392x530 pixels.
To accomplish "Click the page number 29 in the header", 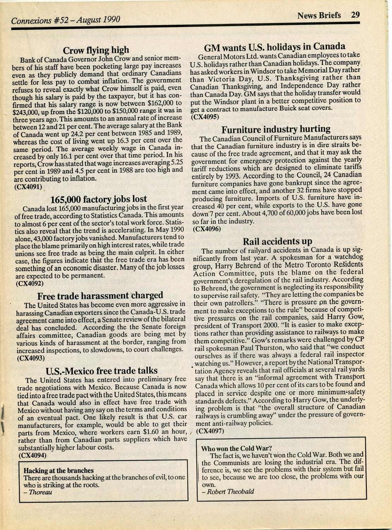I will pyautogui.click(x=355, y=15).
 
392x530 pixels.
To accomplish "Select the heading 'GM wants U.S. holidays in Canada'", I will pyautogui.click(x=275, y=47).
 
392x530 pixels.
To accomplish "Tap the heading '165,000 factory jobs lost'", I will pyautogui.click(x=99, y=199).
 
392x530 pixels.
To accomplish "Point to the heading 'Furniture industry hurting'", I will pyautogui.click(x=276, y=129).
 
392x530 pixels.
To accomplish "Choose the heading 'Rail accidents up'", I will pyautogui.click(x=278, y=241).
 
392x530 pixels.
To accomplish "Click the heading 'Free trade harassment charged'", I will pyautogui.click(x=100, y=295).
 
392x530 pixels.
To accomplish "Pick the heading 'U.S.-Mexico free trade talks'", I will pyautogui.click(x=102, y=371).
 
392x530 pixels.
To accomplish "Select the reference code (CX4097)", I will pyautogui.click(x=210, y=430).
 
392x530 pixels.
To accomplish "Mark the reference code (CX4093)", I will pyautogui.click(x=31, y=358).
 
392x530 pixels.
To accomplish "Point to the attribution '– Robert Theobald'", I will pyautogui.click(x=228, y=492).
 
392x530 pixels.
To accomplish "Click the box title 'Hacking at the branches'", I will pyautogui.click(x=59, y=470).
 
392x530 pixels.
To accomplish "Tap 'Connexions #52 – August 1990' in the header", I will pyautogui.click(x=66, y=20).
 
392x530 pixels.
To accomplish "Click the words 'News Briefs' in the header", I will pyautogui.click(x=319, y=16).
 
